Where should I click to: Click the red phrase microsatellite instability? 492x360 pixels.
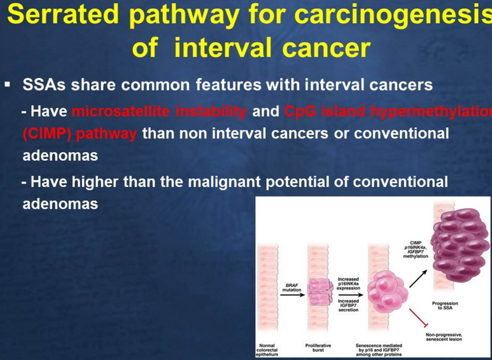point(160,112)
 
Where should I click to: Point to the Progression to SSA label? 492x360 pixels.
point(445,305)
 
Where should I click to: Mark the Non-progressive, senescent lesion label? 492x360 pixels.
point(445,337)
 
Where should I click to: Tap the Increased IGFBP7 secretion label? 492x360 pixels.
point(348,305)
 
